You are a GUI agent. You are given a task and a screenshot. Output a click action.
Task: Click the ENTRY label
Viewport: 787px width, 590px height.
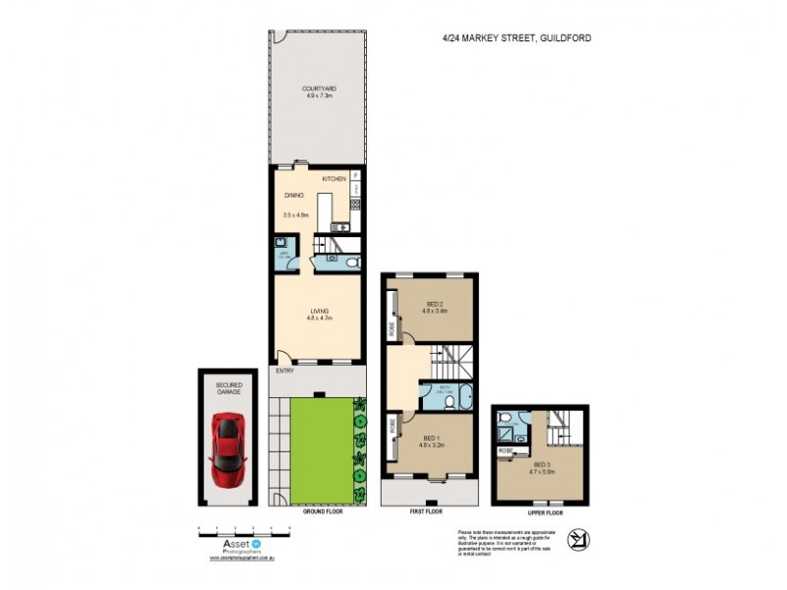point(284,371)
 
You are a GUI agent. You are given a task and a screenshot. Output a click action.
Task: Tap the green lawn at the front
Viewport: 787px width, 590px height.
point(320,447)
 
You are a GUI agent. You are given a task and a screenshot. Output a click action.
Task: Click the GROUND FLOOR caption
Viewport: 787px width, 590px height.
point(320,512)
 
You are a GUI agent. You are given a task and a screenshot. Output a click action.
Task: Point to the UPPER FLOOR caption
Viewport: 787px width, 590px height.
point(542,512)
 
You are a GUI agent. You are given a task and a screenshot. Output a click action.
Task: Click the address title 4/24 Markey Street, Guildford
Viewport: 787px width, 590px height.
point(516,39)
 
